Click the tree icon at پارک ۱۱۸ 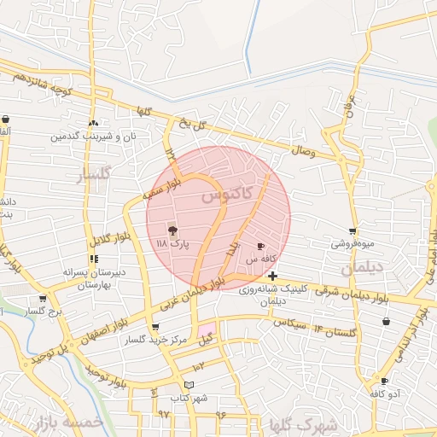point(172,230)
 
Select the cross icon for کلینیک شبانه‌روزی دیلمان point(272,276)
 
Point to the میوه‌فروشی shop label point(353,243)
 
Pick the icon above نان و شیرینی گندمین point(93,123)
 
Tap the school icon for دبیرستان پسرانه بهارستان point(93,259)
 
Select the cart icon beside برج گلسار point(43,299)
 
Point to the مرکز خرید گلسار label point(154,340)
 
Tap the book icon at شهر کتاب point(189,387)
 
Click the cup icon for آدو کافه point(385,382)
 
